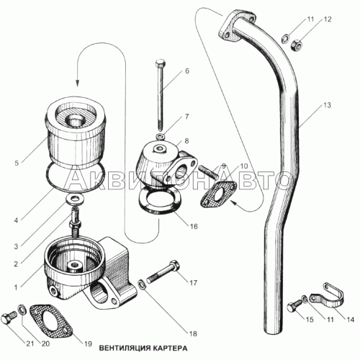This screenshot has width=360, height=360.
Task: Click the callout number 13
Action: click(327, 105)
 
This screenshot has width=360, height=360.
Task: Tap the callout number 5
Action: click(17, 163)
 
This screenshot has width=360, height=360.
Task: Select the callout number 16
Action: click(194, 226)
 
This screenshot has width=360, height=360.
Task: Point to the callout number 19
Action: click(88, 343)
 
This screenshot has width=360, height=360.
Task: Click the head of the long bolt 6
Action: click(159, 63)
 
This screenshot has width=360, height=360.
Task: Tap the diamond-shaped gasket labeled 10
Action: click(218, 194)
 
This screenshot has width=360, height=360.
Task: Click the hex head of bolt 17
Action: click(174, 266)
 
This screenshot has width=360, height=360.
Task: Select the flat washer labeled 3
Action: click(76, 199)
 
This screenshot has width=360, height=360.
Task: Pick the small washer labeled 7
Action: click(160, 137)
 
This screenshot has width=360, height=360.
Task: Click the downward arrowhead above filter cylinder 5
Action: click(78, 82)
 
